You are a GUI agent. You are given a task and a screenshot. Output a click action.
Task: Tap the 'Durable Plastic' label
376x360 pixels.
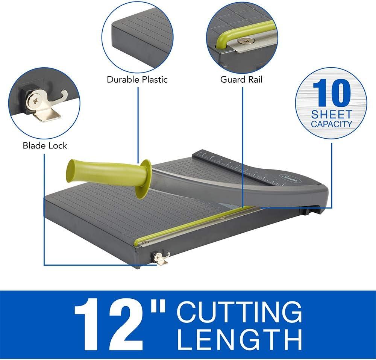(x=137, y=79)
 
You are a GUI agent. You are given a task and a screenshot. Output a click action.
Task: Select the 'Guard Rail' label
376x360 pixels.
(x=241, y=79)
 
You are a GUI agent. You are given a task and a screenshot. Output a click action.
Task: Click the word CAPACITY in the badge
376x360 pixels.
(x=331, y=124)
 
